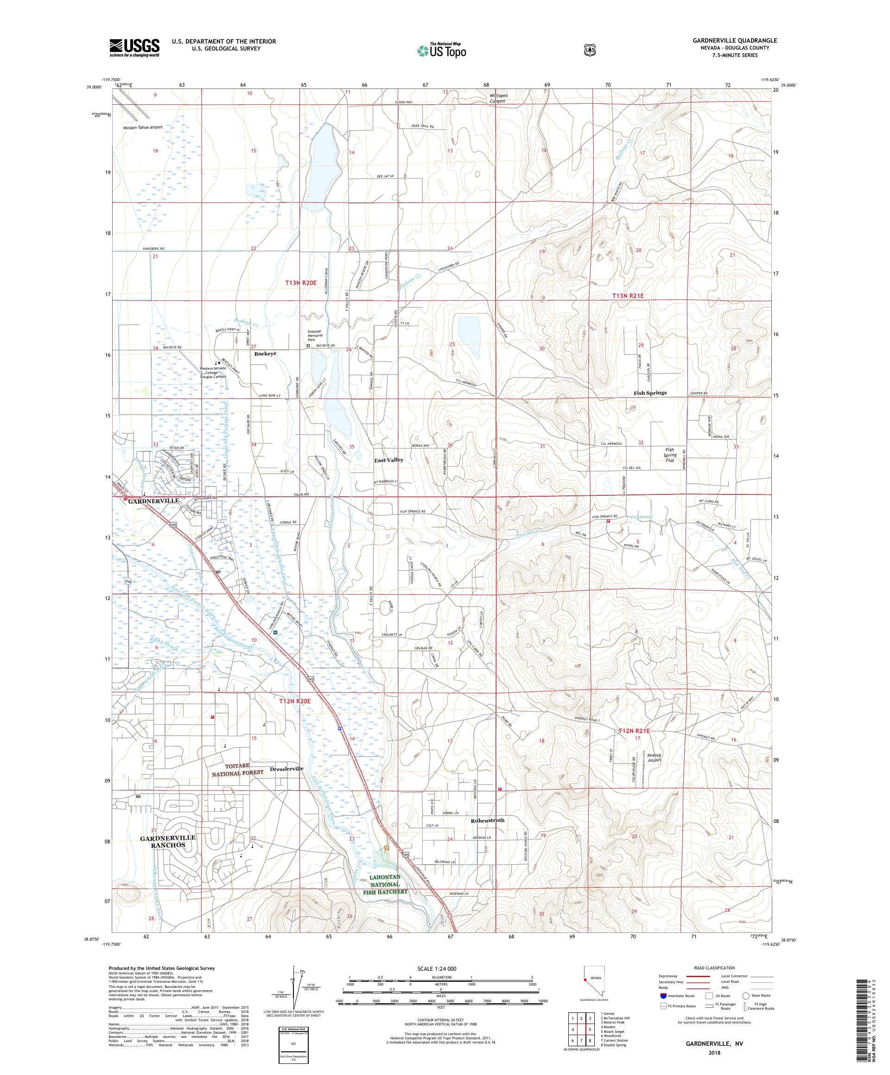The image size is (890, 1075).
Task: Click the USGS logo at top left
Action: tap(134, 48)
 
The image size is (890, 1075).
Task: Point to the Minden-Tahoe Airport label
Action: tap(143, 127)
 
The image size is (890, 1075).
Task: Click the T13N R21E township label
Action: tap(628, 296)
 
